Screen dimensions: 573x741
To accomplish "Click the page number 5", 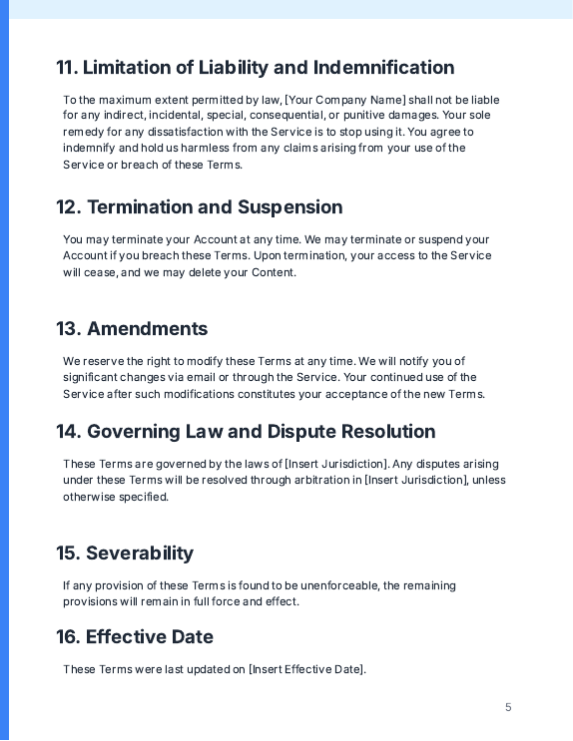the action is [508, 707].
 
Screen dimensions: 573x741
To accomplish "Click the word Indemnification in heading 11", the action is [384, 68].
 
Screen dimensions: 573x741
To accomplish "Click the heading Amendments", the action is [147, 329].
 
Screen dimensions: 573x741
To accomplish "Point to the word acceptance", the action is [364, 394].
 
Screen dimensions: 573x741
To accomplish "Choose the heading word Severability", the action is [140, 554].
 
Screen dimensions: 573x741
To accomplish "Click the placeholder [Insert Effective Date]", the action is [306, 669].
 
